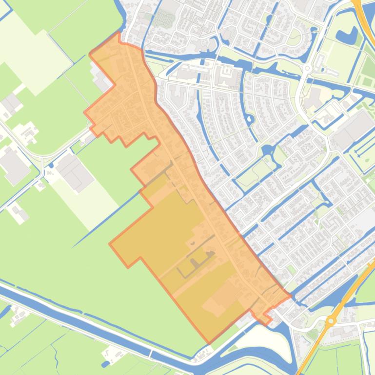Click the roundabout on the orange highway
click(332, 321)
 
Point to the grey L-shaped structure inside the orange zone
click(195, 263)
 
